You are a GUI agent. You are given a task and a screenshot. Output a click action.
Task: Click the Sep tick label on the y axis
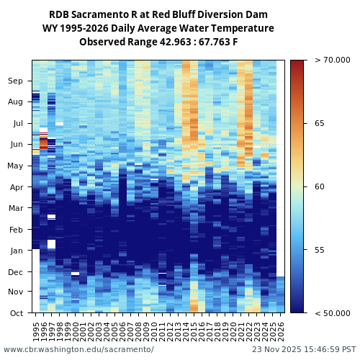pos(16,81)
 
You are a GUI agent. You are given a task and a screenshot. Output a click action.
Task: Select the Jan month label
pos(16,251)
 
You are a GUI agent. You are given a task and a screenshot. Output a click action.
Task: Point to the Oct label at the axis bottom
pos(16,313)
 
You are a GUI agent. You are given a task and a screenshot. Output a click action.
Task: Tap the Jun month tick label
pos(16,145)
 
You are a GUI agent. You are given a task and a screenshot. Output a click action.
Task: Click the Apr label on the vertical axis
pos(16,187)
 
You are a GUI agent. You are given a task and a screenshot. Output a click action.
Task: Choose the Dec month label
pos(16,272)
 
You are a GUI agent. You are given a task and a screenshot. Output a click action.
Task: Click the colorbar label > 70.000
pos(332,60)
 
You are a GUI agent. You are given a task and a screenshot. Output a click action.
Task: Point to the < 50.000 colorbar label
pos(332,313)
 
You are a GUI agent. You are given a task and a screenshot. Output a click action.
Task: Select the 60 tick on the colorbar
pos(320,187)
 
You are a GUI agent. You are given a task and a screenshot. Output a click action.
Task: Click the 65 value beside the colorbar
pos(320,124)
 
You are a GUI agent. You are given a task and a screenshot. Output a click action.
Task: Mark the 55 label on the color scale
pos(320,250)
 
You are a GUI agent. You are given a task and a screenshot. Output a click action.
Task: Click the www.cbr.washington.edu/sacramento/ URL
pos(78,349)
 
